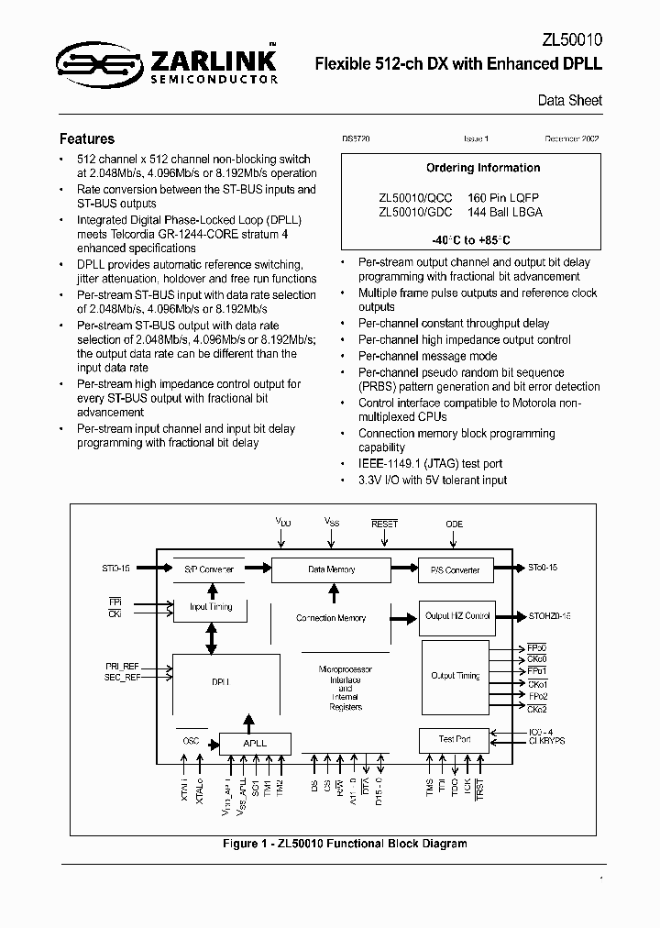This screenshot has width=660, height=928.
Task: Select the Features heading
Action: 87,139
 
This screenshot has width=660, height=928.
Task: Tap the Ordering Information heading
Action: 483,168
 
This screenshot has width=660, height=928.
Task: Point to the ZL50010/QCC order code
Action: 415,197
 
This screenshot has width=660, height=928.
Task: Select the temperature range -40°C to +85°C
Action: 471,240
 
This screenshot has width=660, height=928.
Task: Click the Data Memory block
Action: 331,569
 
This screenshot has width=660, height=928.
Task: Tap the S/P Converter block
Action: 209,569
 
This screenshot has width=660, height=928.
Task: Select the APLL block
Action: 255,743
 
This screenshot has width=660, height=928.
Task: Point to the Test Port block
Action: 455,739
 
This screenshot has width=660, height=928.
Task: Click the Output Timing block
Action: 455,676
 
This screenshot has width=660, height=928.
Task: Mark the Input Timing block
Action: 210,607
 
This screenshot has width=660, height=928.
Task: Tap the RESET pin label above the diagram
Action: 384,524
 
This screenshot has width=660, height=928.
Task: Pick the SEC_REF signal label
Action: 122,676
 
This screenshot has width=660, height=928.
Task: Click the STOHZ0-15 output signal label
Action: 549,616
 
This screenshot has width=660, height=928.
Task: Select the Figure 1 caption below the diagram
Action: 330,843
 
